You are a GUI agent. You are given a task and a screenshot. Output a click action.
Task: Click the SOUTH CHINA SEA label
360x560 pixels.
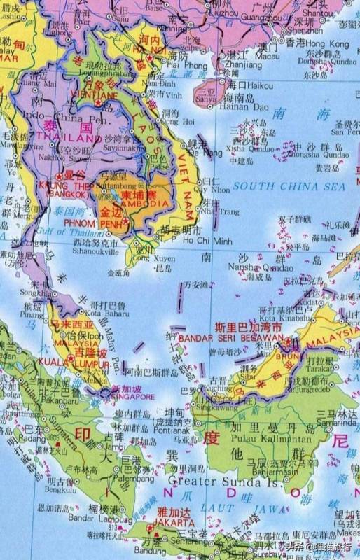289,186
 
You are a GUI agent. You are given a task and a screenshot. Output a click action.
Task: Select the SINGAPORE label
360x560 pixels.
130,397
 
